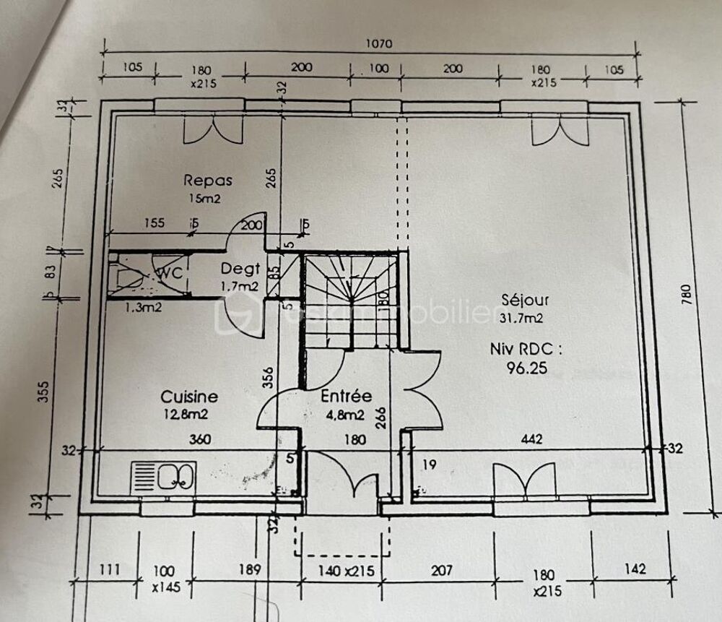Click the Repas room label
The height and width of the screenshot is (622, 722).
point(207,180)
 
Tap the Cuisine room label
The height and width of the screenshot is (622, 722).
point(188,397)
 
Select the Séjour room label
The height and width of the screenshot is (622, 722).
point(525,299)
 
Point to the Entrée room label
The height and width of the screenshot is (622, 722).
point(346,396)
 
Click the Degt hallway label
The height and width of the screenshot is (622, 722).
point(240,269)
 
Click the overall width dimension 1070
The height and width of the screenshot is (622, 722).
point(378,43)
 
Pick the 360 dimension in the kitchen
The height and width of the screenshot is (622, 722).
point(200,439)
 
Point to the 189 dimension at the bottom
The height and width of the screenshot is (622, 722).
point(249,569)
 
